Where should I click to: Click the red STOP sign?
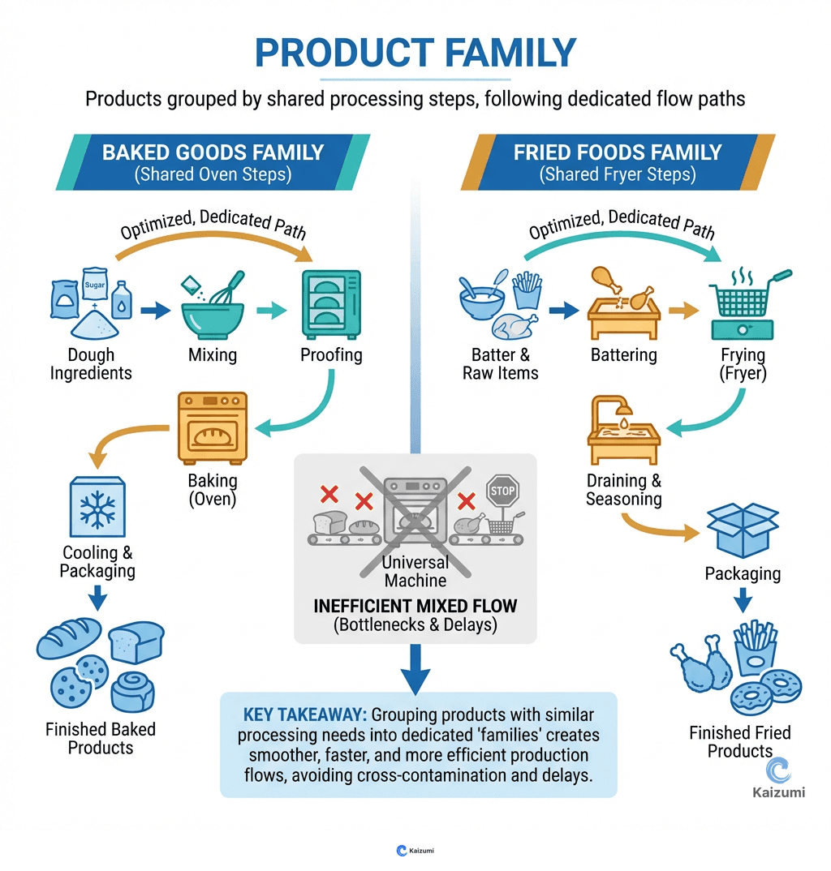(502, 491)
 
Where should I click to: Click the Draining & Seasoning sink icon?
(623, 433)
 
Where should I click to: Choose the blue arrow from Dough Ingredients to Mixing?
(154, 310)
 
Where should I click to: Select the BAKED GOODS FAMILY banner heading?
(213, 152)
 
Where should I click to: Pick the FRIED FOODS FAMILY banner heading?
(618, 152)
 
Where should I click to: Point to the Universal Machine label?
(415, 571)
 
